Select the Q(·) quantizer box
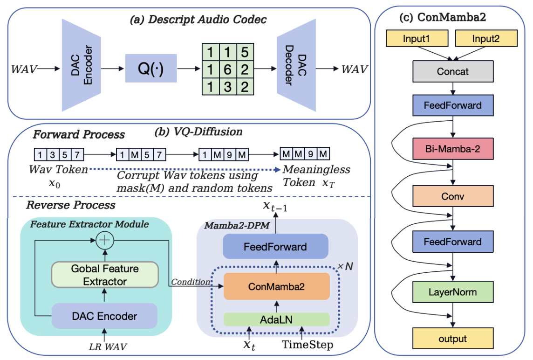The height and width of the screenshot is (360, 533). tap(151, 68)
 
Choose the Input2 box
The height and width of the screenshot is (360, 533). tap(485, 40)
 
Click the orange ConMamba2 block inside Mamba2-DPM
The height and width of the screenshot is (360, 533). tap(277, 286)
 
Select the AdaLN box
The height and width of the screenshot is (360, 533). tap(277, 319)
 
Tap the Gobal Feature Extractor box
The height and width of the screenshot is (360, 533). tap(105, 275)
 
